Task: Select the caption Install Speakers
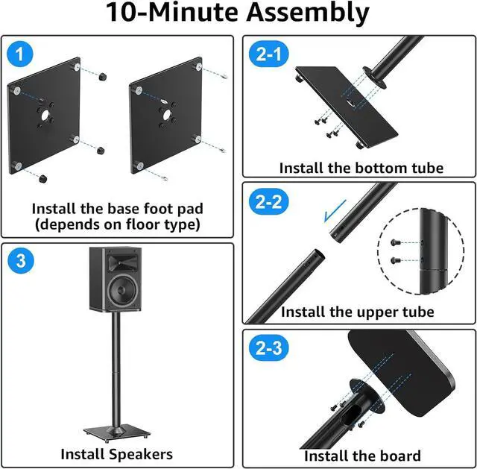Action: coord(117,453)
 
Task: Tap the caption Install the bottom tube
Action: coord(361,168)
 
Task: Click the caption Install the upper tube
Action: coord(357,312)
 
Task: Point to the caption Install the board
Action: coord(362,456)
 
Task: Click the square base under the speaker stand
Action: coord(116,432)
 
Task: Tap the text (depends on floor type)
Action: coord(116,224)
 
